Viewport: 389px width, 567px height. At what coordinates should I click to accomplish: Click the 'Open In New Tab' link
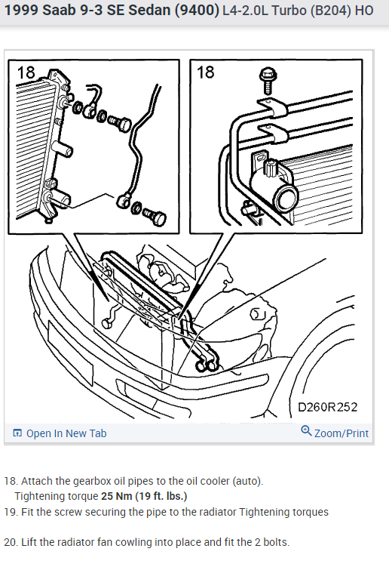pyautogui.click(x=66, y=433)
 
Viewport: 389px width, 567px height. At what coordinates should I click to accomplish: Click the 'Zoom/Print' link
pyautogui.click(x=342, y=433)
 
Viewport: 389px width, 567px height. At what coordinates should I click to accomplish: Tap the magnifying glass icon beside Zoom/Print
pyautogui.click(x=306, y=430)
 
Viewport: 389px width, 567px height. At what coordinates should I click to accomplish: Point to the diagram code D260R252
pyautogui.click(x=328, y=407)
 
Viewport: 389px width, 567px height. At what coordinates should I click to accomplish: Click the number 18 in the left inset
pyautogui.click(x=26, y=72)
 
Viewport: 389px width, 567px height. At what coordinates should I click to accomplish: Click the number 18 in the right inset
pyautogui.click(x=205, y=72)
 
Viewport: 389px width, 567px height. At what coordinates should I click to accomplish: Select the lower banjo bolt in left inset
pyautogui.click(x=155, y=217)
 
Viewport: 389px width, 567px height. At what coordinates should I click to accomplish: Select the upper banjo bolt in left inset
pyautogui.click(x=120, y=123)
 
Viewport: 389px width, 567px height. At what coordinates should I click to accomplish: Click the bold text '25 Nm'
pyautogui.click(x=117, y=496)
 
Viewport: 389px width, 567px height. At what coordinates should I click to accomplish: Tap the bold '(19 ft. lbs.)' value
pyautogui.click(x=161, y=496)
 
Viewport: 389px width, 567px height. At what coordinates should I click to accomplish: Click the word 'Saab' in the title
pyautogui.click(x=55, y=11)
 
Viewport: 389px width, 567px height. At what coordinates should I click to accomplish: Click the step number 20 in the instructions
pyautogui.click(x=10, y=542)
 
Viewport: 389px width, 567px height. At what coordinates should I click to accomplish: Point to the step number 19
pyautogui.click(x=10, y=512)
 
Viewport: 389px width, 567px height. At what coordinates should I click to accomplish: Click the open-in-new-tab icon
pyautogui.click(x=17, y=433)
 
